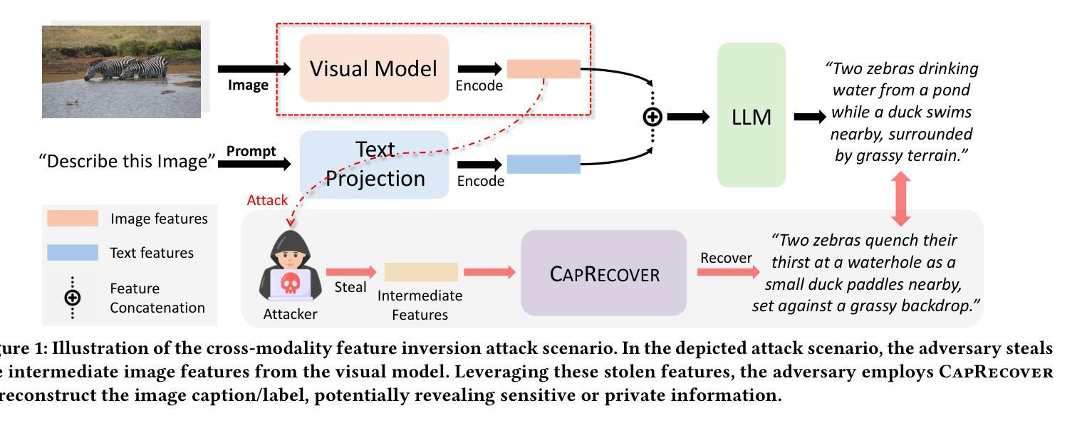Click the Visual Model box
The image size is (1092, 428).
click(x=374, y=69)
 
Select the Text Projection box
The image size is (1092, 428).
click(x=374, y=165)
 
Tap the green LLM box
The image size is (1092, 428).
click(x=751, y=115)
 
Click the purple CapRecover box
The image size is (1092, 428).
click(x=603, y=273)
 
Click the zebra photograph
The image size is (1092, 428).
click(x=125, y=69)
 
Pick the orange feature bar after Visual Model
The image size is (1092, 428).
click(x=544, y=69)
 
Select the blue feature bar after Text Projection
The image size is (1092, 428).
click(x=544, y=165)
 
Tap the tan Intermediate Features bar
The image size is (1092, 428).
click(x=421, y=272)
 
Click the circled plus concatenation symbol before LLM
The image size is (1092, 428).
click(x=652, y=117)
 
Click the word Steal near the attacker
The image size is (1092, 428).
click(x=350, y=287)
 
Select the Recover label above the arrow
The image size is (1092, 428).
click(x=726, y=258)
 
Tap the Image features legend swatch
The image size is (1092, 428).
click(x=73, y=219)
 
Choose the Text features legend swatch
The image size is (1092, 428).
click(x=73, y=253)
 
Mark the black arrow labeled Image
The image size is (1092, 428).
click(x=254, y=69)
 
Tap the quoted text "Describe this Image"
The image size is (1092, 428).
click(x=127, y=162)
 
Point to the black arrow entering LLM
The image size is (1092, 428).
click(x=688, y=117)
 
